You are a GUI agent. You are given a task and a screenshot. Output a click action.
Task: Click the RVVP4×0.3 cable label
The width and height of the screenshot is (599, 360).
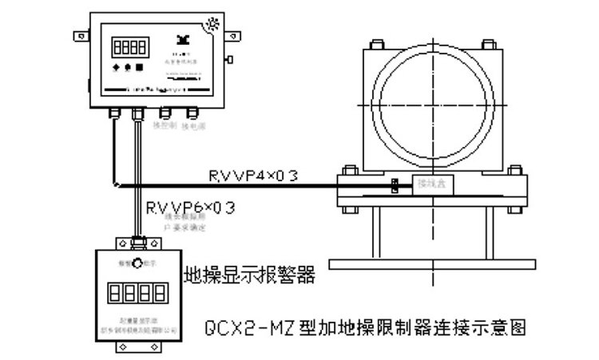[253, 176]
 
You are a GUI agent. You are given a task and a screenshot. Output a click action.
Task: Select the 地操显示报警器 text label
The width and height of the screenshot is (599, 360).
[249, 275]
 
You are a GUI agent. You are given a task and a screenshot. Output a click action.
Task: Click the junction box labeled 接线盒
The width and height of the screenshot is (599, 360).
[430, 184]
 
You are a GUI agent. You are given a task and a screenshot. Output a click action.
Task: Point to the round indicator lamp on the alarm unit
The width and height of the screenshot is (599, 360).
[137, 262]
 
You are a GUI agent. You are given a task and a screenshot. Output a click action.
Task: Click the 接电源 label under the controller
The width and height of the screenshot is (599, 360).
[193, 125]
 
